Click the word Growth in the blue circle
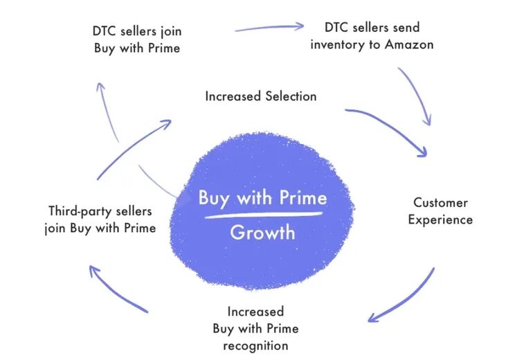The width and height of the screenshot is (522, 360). [x=262, y=233]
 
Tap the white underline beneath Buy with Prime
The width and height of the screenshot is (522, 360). [x=264, y=215]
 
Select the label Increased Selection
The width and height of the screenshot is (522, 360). [x=261, y=96]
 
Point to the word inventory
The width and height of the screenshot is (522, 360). [x=338, y=44]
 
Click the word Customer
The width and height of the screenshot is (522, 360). [x=440, y=202]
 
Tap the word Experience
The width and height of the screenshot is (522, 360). [x=440, y=219]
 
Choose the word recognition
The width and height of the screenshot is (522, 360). [x=255, y=345]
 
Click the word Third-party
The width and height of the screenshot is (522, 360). [x=78, y=211]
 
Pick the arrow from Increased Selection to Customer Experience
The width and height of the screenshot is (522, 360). [x=389, y=127]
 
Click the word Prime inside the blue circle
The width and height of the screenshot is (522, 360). [x=303, y=198]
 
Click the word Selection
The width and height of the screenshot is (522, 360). [x=291, y=96]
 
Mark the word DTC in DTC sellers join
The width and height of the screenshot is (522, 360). [x=104, y=31]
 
